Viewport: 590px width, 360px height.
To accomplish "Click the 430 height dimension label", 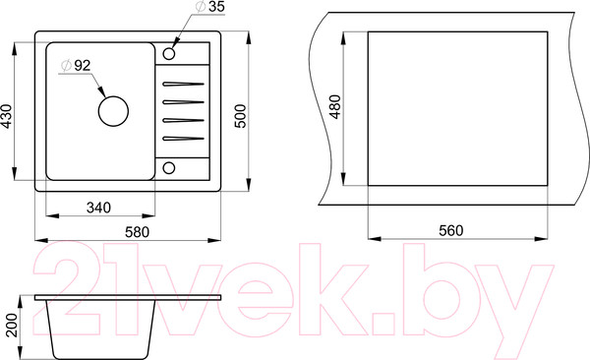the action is coord(7,116).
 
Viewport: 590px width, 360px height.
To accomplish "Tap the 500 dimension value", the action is coord(240,116).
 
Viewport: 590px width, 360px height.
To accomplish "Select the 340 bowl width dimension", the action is coord(98,208).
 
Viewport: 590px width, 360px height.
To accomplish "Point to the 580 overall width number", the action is coord(137,231).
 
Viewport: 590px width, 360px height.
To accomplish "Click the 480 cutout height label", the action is coord(334,106).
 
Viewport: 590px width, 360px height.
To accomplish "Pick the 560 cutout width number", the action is coord(450,230).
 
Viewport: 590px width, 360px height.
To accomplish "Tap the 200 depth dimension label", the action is coord(12,325).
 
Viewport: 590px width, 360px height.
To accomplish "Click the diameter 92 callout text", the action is coord(77,66).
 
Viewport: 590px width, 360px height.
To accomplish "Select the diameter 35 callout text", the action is coord(210,7).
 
